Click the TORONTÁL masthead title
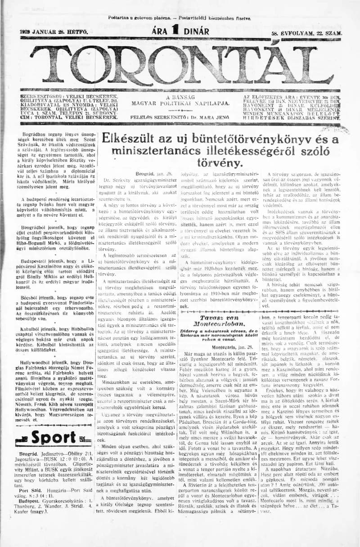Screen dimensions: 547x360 [x=180, y=65]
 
